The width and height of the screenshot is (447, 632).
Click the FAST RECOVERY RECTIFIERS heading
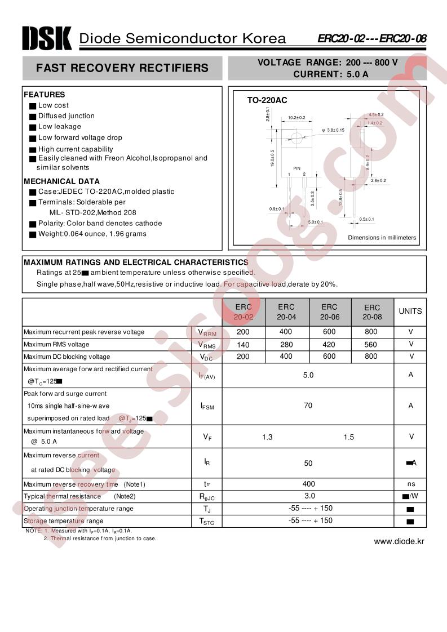pos(122,68)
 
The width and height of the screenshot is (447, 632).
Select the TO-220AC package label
pos(267,100)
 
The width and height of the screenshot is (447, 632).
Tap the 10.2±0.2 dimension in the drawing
pos(296,118)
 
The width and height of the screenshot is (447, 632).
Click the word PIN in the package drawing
pos(296,168)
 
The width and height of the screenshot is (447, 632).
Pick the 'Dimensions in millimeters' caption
pos(382,238)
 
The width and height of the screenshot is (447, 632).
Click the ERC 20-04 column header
pos(286,311)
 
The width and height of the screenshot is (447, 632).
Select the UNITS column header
pos(410,311)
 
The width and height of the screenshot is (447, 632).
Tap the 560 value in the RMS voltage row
pos(371,344)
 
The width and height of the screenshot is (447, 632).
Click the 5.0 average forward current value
pos(308,375)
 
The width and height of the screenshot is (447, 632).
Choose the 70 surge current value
pos(308,406)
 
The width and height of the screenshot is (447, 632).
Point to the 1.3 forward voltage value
pos(267,437)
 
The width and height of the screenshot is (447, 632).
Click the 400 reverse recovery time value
pos(308,484)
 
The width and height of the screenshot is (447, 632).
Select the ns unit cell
pos(411,484)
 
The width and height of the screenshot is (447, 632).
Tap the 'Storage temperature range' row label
pos(64,521)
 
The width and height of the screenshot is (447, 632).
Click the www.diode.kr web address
pos(399,541)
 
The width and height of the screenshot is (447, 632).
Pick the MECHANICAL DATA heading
pos(61,181)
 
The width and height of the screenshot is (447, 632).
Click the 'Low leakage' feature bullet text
pos(59,127)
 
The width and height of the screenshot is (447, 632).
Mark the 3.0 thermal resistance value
pos(309,496)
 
